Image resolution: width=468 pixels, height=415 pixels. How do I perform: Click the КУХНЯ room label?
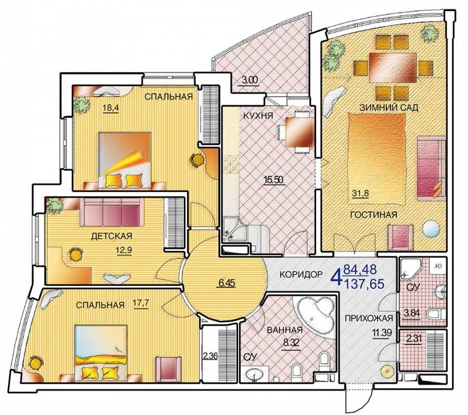coord(258,116)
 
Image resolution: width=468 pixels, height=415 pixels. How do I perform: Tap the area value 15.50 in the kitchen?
coord(273,180)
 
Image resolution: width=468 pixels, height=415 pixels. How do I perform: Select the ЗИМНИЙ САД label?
coord(389,108)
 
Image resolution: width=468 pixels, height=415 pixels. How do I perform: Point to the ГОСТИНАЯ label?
coord(374,215)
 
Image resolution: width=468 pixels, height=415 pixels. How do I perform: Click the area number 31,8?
coord(360,193)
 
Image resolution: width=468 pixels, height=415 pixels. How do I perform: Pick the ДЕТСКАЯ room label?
coord(111,236)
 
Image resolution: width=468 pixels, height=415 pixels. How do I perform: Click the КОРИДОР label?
coord(301,274)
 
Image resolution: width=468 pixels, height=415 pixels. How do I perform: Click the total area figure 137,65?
coord(365,284)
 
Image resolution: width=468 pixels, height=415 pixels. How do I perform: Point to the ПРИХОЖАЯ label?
coord(369,318)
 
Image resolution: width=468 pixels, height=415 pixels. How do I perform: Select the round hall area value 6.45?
coord(227,283)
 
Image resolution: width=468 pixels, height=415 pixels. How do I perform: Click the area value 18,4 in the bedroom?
coord(111,108)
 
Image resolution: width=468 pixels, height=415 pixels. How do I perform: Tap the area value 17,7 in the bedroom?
coord(141,304)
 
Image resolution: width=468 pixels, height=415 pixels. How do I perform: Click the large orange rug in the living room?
coord(376,158)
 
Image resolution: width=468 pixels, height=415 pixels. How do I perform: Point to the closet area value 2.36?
coord(210,356)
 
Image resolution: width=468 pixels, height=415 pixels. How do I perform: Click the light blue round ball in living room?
coord(431,229)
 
